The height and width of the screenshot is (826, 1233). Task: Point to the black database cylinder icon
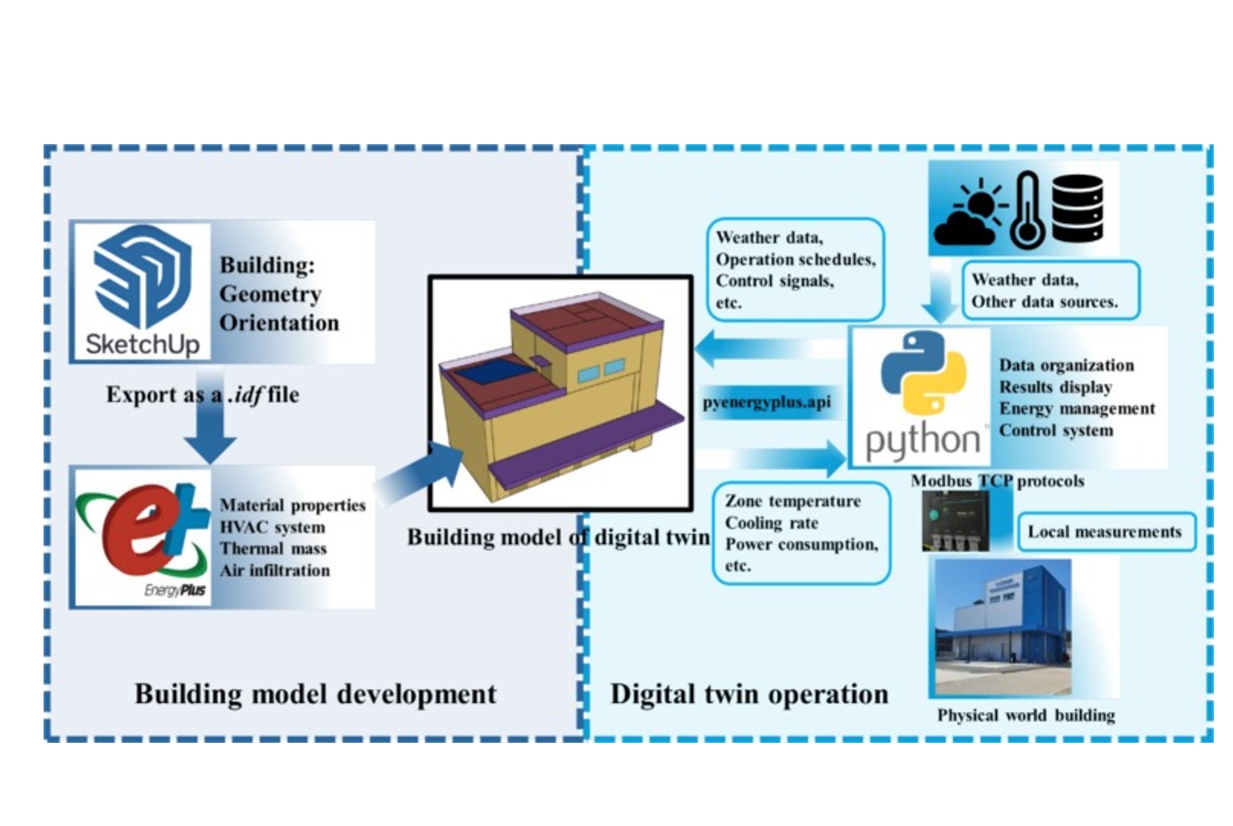(1077, 208)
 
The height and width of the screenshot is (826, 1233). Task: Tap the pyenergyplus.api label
(767, 403)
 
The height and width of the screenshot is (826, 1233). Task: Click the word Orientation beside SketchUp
(279, 323)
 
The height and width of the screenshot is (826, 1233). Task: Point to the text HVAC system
(272, 527)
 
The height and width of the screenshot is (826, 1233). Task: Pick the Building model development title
(315, 694)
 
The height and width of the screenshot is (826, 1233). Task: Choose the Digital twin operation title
(749, 694)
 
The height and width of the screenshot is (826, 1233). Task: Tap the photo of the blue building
(1003, 627)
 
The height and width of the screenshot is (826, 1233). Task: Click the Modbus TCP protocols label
(997, 481)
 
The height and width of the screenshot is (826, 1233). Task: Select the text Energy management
(1076, 409)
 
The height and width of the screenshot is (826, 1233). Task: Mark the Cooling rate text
(771, 523)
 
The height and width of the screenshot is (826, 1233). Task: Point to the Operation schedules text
(795, 260)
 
